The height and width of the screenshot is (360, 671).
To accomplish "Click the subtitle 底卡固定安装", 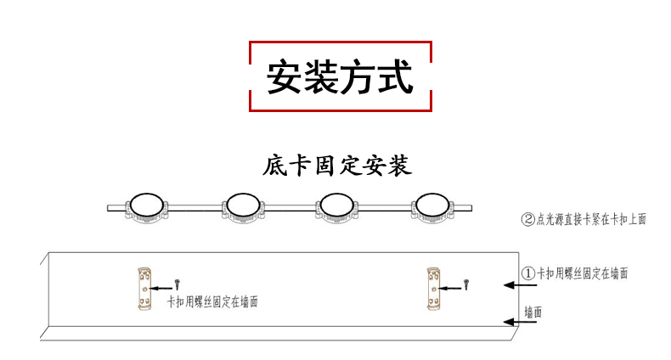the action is coord(338,165).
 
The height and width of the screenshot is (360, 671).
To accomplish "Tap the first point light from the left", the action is coord(149,206).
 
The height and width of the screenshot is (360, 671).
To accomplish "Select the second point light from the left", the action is coord(243,206).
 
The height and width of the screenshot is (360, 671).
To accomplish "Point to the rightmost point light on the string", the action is coord(431,206).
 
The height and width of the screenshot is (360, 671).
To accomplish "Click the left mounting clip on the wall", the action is coord(145,289).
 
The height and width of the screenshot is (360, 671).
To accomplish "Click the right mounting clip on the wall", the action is coord(435,288).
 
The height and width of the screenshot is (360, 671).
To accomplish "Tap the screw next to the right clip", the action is coord(467,282).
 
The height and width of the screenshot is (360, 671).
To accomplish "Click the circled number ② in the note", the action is coord(527,219).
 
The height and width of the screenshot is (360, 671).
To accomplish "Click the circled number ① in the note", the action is coord(527,273).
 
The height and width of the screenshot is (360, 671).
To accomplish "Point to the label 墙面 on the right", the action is coord(533,312).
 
